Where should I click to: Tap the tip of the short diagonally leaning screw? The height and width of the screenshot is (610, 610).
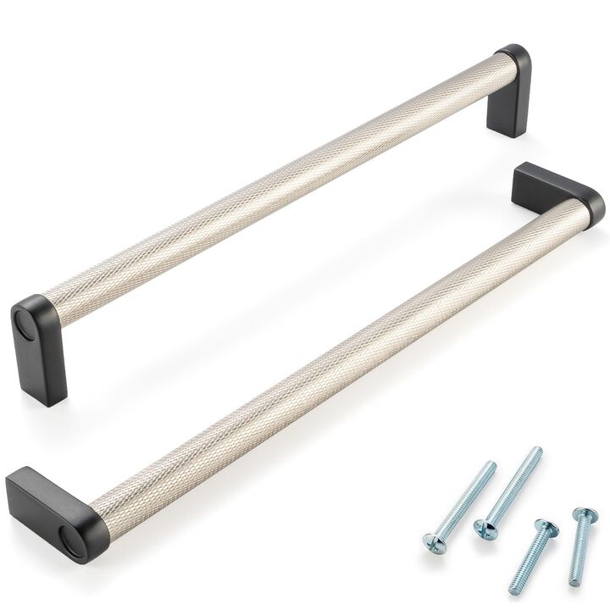coord(513,591)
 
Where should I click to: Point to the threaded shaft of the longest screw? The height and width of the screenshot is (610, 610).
coord(513,486)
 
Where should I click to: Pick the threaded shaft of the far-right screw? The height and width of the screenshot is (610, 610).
coord(579,551)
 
